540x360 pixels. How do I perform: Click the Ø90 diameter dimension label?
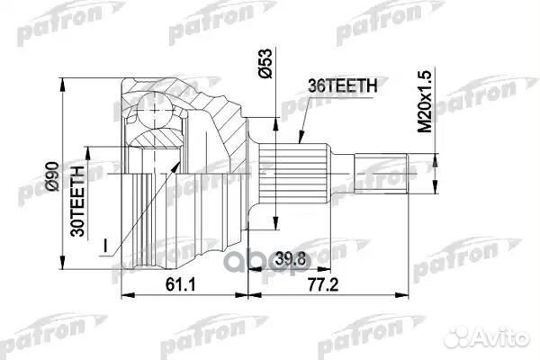tap(53, 176)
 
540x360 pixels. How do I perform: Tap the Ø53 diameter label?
tap(265, 63)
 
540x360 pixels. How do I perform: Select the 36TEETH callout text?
tap(343, 85)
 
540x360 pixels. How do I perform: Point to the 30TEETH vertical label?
tap(77, 202)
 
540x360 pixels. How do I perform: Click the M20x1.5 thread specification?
tap(425, 102)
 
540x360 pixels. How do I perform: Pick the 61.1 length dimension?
tap(180, 284)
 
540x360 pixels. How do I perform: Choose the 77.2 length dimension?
tap(323, 284)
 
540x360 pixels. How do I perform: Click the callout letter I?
tap(105, 246)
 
